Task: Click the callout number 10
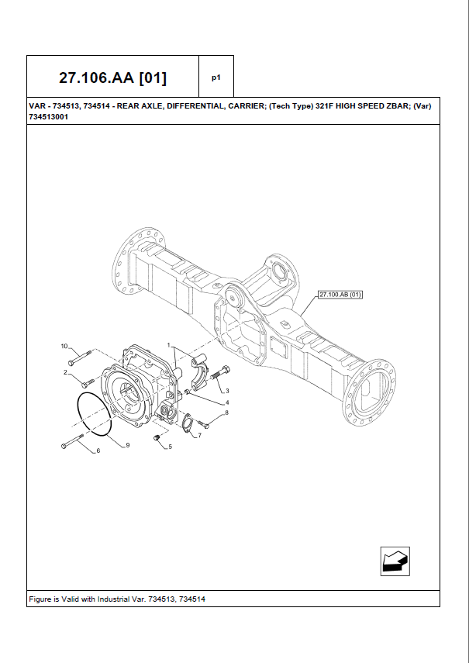pos(65,345)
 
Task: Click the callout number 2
pos(65,374)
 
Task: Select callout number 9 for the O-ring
pos(127,445)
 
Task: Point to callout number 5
pos(170,447)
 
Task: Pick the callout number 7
pos(199,436)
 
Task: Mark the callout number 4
pos(226,402)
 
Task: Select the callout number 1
pos(168,344)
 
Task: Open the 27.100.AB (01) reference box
pos(340,295)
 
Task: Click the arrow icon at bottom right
pos(395,561)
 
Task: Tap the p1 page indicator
pos(216,78)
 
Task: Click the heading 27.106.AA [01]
pos(112,78)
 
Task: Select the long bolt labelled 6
pos(72,443)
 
